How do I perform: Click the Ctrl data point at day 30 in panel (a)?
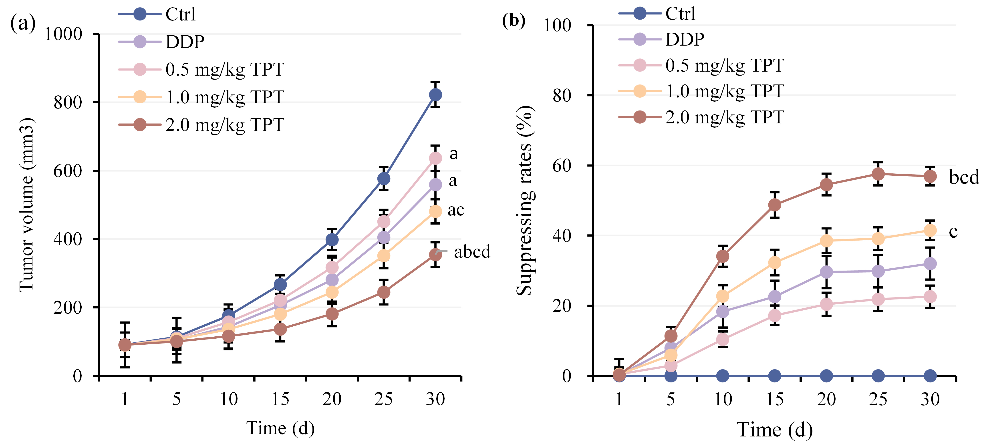(435, 95)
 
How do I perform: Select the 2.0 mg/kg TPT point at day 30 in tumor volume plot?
(435, 254)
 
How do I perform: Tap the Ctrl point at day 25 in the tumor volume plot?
(384, 179)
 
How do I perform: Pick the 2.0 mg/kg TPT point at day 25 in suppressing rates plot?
(878, 174)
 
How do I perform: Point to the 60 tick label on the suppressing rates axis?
(562, 165)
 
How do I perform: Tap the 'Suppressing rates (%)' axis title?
(525, 200)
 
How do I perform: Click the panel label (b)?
(514, 20)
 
